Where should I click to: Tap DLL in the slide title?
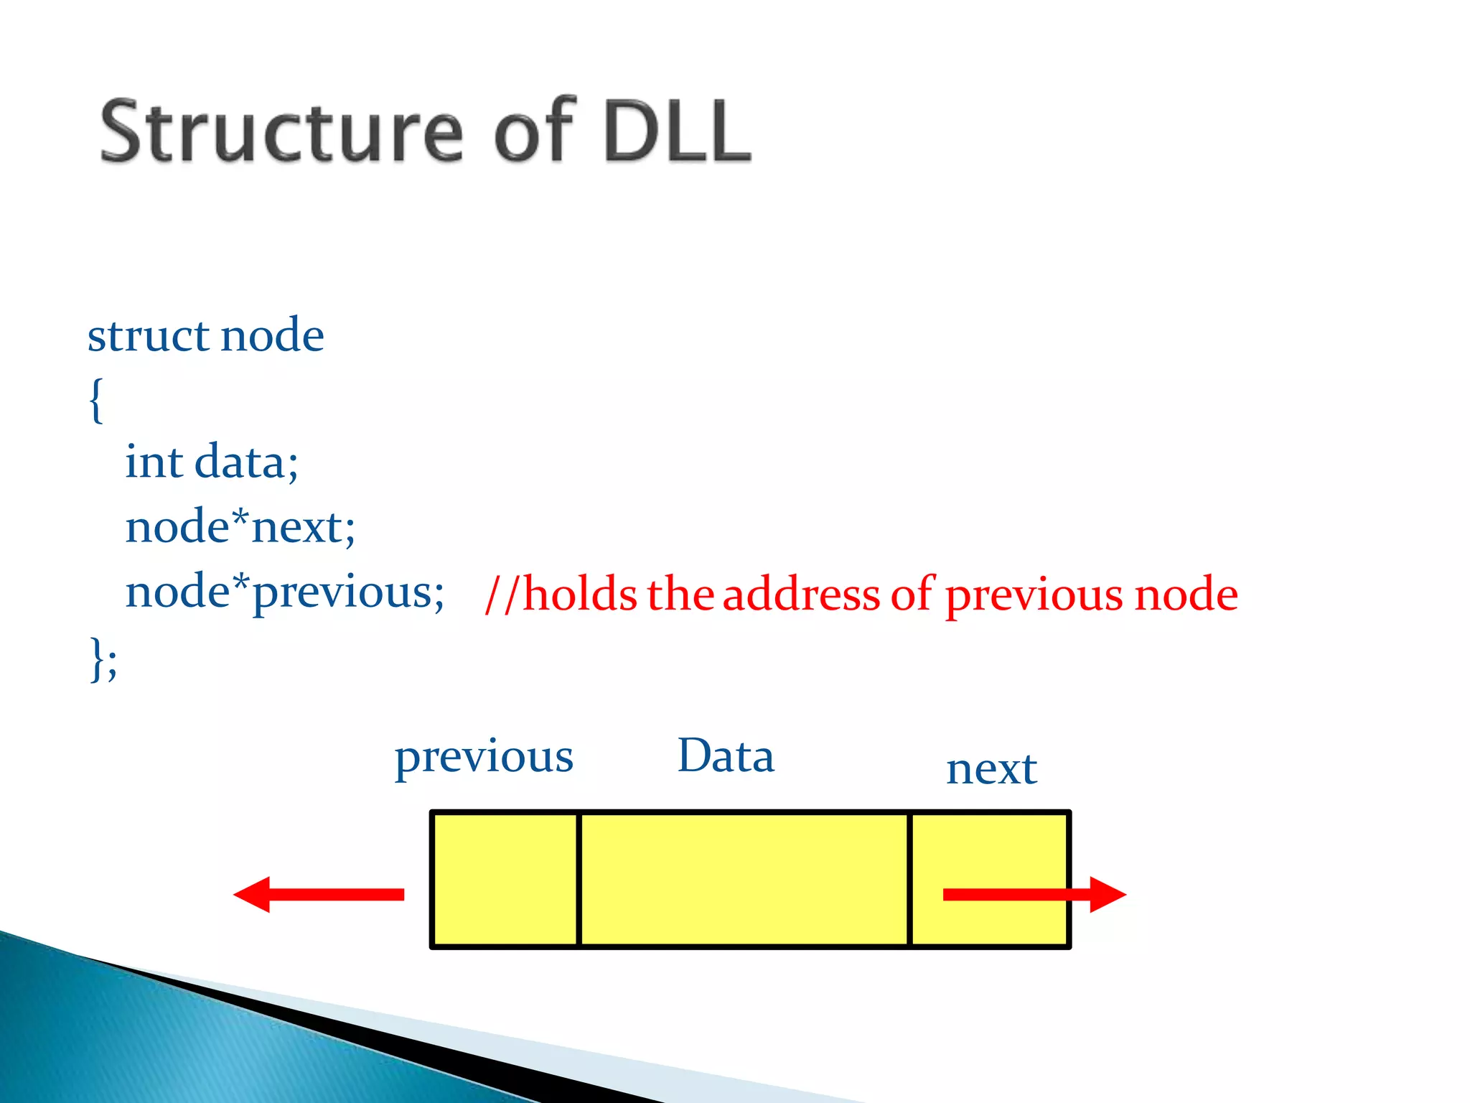coord(677,131)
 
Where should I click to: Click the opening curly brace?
coord(96,400)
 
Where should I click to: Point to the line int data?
coord(211,462)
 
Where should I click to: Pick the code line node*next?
coord(240,527)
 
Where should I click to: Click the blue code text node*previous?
coord(284,593)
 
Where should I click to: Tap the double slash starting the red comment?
coord(501,595)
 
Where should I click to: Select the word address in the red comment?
coord(801,595)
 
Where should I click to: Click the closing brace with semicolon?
coord(103,658)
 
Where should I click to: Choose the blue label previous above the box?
coord(484,758)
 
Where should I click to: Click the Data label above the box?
coord(726,756)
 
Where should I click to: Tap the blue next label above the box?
coord(991,769)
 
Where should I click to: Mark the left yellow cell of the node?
coord(505,879)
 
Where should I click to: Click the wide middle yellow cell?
coord(744,879)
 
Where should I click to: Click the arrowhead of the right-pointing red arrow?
coord(1107,894)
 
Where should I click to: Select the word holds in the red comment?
coord(579,595)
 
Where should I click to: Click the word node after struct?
coord(272,335)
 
